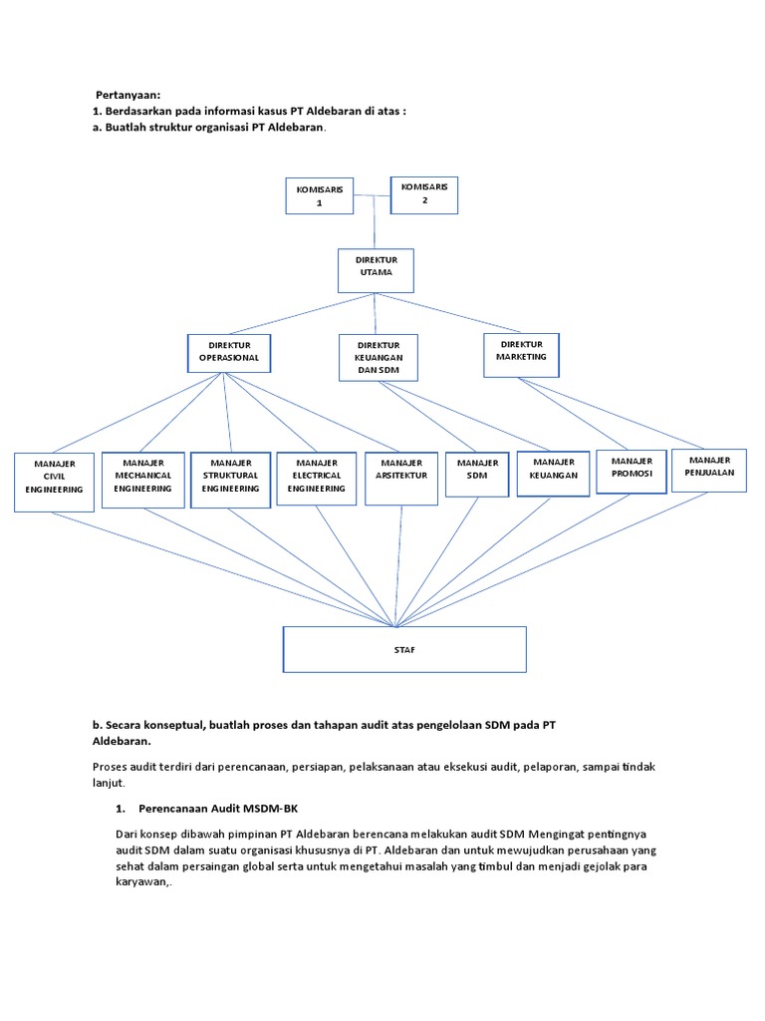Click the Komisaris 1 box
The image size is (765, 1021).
(319, 195)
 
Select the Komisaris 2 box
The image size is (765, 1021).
(424, 193)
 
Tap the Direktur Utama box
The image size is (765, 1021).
(375, 270)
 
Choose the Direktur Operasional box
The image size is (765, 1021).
(229, 353)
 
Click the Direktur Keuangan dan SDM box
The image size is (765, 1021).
(378, 358)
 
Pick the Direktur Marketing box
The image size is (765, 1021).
(521, 354)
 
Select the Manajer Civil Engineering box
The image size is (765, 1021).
(56, 482)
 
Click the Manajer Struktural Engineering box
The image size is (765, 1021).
(231, 480)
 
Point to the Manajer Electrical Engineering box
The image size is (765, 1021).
(317, 480)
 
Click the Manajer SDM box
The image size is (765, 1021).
(477, 480)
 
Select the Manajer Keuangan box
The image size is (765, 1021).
(554, 476)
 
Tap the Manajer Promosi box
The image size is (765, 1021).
(632, 473)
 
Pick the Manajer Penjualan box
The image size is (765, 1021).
(708, 470)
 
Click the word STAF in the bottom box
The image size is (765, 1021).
(404, 650)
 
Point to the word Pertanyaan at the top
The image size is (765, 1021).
(127, 95)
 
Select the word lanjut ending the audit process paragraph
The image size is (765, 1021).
(108, 784)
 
